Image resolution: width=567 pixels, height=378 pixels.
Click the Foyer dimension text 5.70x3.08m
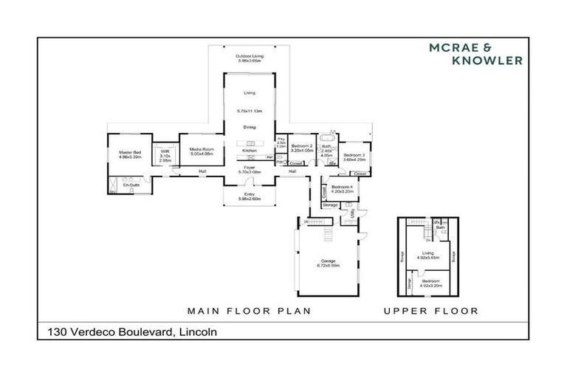[250, 172]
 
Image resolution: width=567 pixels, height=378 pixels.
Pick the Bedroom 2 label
[302, 146]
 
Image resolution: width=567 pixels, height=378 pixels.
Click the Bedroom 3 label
[354, 154]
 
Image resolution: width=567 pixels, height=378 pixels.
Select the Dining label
[250, 127]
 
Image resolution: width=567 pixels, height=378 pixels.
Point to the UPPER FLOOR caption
[430, 311]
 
